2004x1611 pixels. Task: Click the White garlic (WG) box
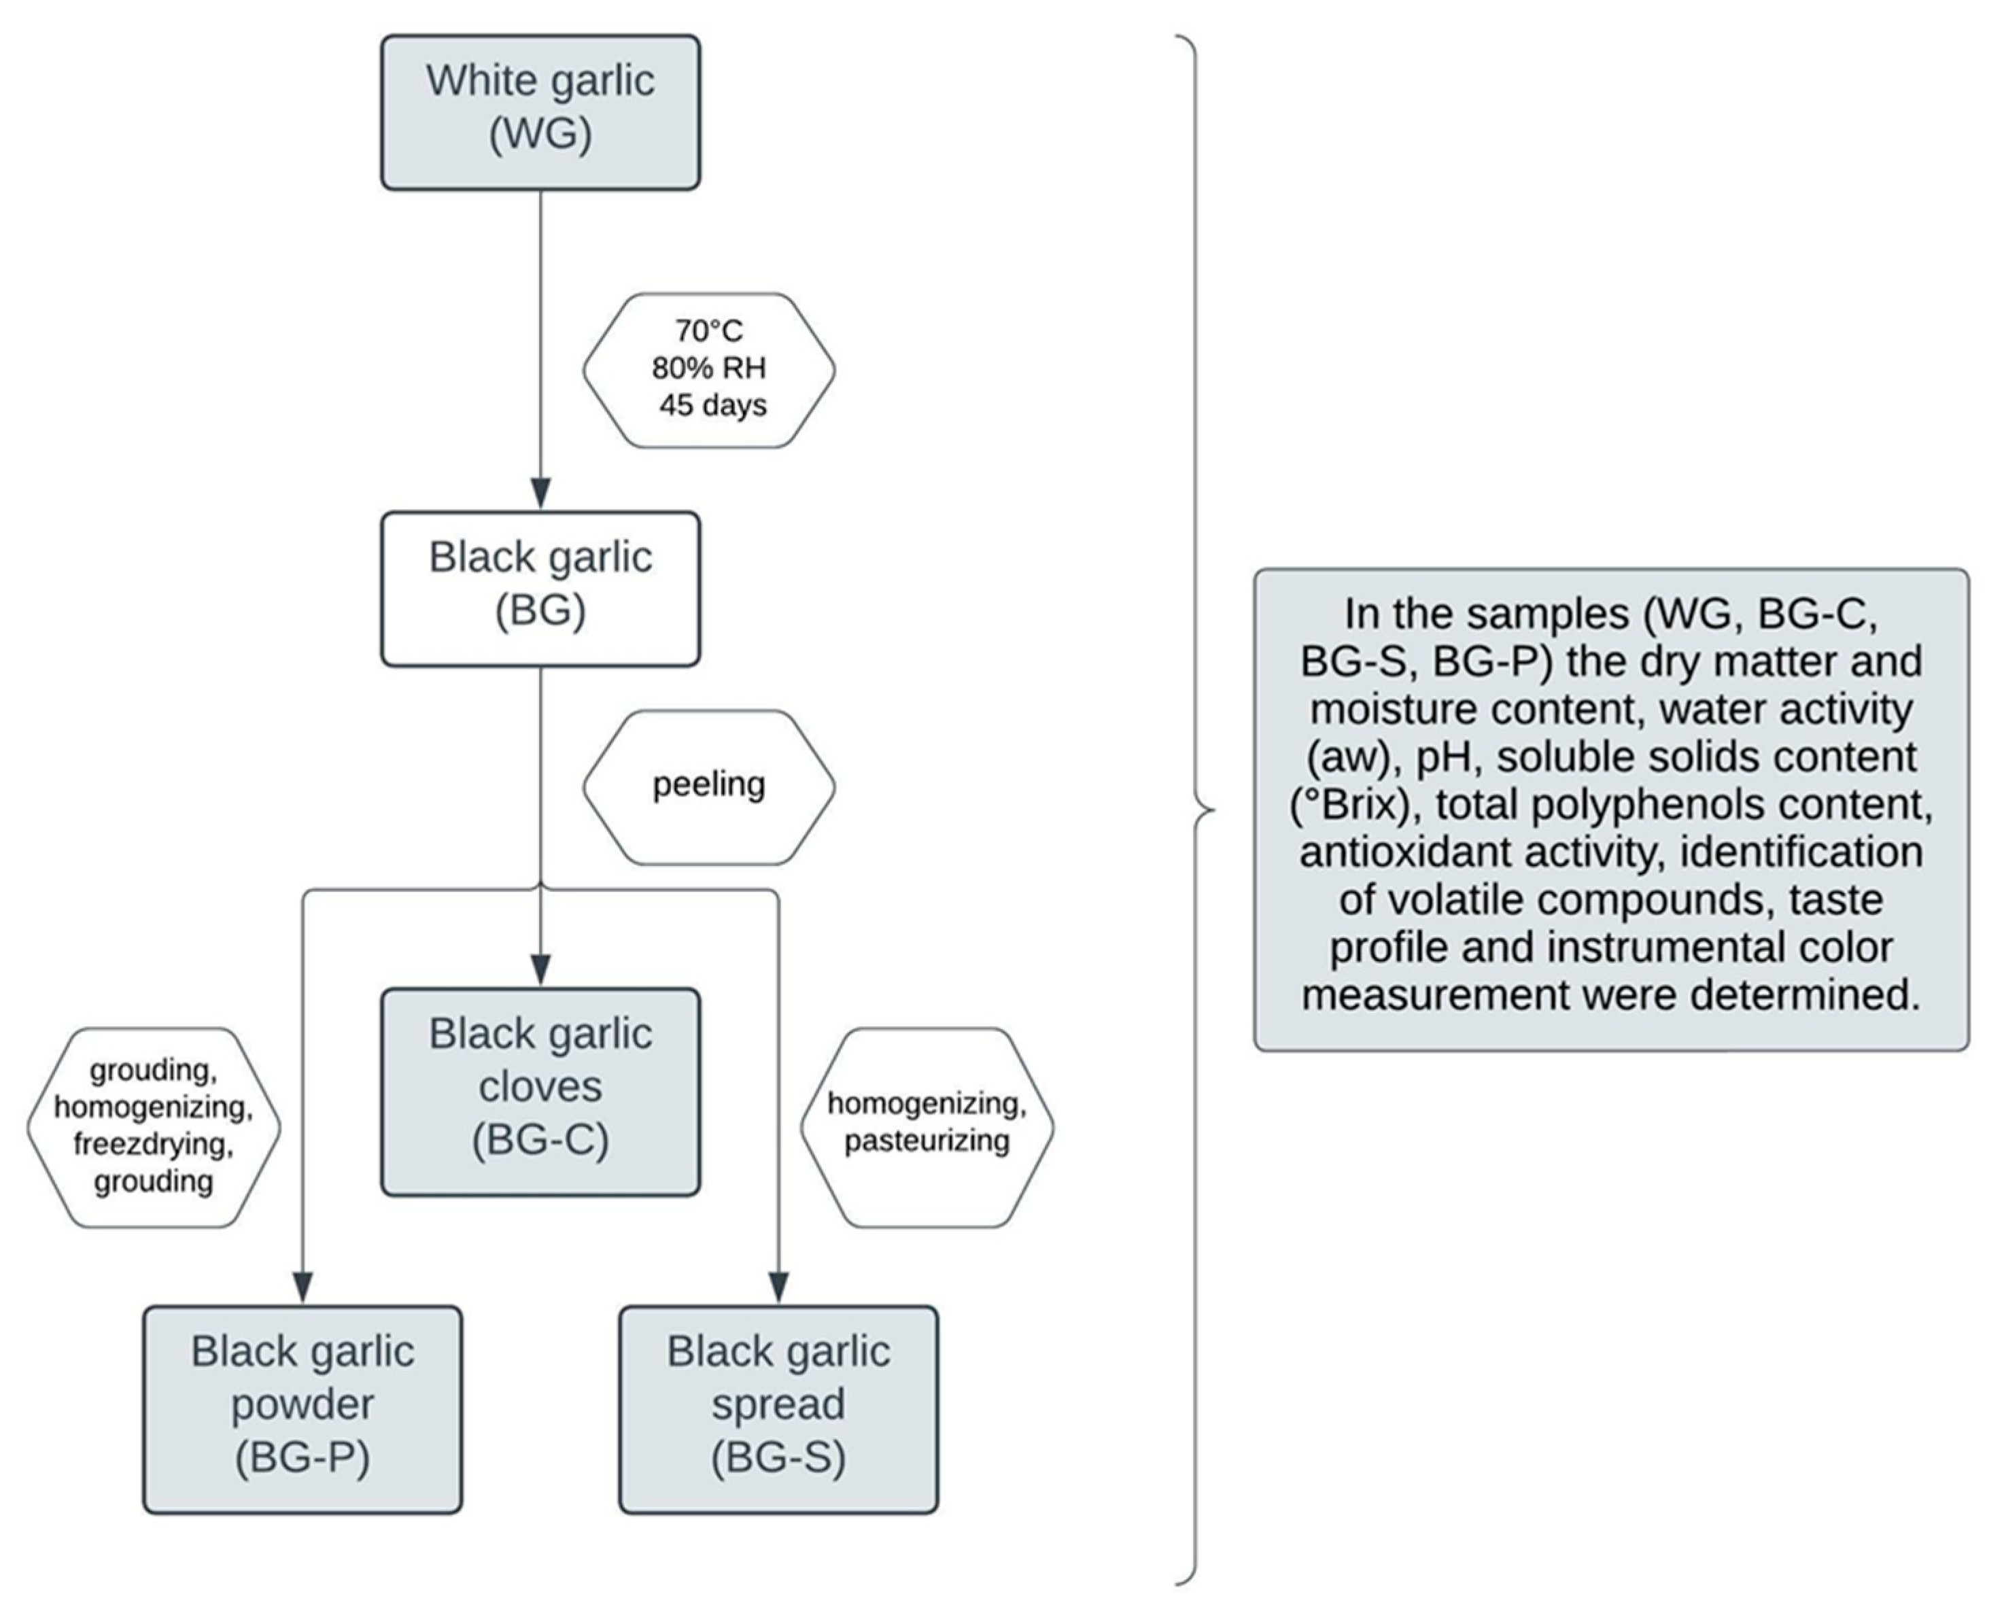[x=540, y=112]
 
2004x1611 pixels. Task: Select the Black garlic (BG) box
[x=540, y=589]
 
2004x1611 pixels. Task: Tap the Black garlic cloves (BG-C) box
[x=540, y=1092]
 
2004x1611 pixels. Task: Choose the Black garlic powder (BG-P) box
[x=302, y=1409]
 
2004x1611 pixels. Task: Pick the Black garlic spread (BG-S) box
[x=778, y=1409]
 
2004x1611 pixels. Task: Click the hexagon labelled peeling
[x=708, y=786]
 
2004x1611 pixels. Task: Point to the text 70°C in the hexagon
[x=708, y=331]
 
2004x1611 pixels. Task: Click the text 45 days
[x=713, y=406]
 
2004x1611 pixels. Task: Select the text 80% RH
[x=708, y=368]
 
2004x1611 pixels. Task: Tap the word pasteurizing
[x=927, y=1141]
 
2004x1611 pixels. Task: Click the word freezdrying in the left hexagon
[x=154, y=1144]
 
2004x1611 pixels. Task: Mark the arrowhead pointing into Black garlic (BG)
[x=540, y=493]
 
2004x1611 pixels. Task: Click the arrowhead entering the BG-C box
[x=540, y=969]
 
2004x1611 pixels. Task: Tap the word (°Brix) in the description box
[x=1355, y=805]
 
